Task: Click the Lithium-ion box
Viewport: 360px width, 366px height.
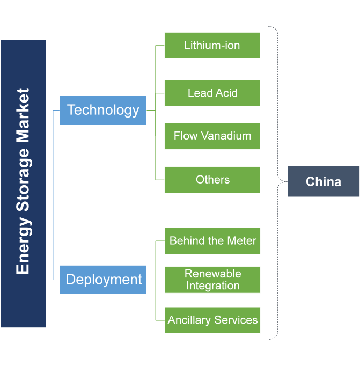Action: coord(212,46)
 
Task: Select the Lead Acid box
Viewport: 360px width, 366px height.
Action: coord(212,93)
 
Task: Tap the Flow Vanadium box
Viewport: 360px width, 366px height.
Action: coord(212,136)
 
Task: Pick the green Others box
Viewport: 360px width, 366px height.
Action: coord(212,180)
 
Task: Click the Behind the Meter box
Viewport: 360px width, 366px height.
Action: coord(212,241)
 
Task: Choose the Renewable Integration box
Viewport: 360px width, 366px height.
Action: coord(212,280)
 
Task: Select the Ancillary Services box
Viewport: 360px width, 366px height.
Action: coord(212,320)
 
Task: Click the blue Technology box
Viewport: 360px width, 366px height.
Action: coord(103,110)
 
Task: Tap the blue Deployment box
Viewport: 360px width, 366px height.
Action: coord(103,280)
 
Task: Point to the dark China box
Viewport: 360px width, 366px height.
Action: coord(323,181)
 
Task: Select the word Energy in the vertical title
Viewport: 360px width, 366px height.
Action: coord(23,250)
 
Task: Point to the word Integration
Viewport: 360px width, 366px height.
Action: coord(212,286)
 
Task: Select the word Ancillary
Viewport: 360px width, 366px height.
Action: coord(189,320)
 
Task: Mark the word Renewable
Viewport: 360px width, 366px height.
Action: coord(212,274)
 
